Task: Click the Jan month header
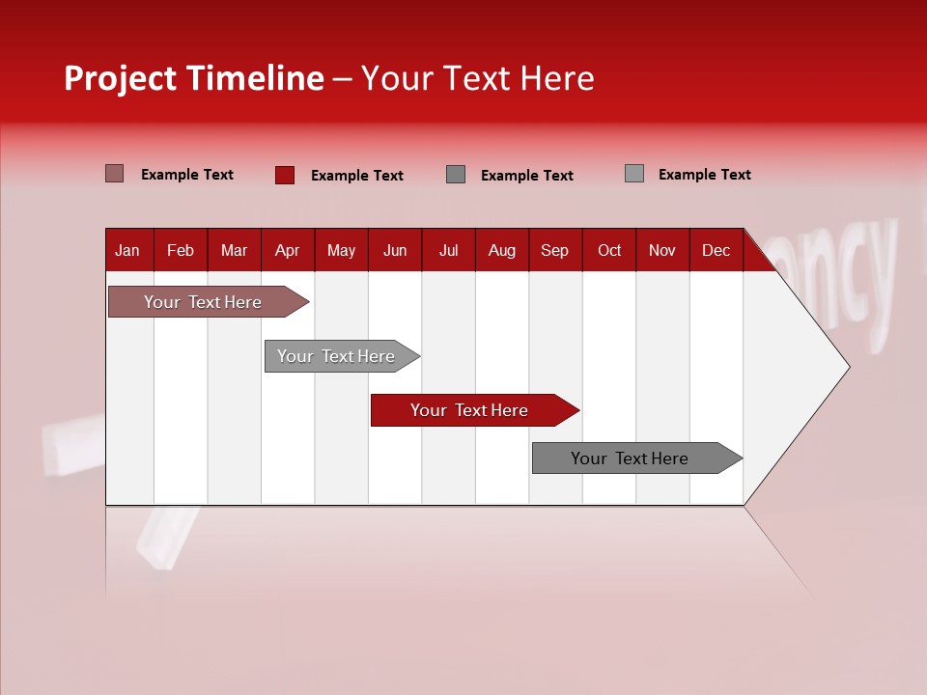pyautogui.click(x=127, y=250)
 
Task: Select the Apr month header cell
pyautogui.click(x=287, y=250)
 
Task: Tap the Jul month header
pyautogui.click(x=448, y=250)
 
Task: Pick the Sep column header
pyautogui.click(x=554, y=250)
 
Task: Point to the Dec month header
pyautogui.click(x=716, y=250)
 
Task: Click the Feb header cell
pyautogui.click(x=181, y=250)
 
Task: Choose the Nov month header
pyautogui.click(x=661, y=250)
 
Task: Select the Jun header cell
pyautogui.click(x=394, y=250)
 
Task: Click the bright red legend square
pyautogui.click(x=285, y=175)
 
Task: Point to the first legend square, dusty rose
pyautogui.click(x=114, y=174)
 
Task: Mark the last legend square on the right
pyautogui.click(x=634, y=174)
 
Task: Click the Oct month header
pyautogui.click(x=609, y=250)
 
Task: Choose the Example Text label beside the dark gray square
pyautogui.click(x=526, y=175)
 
